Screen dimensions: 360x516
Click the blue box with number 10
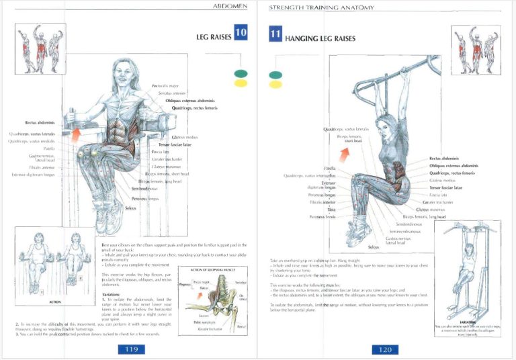(x=241, y=32)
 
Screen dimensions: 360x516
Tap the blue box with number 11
(x=275, y=35)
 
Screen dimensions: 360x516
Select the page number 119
(x=128, y=349)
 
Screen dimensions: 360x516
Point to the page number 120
(x=386, y=349)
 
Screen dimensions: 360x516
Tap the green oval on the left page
(x=241, y=73)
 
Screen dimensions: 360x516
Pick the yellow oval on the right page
(x=275, y=85)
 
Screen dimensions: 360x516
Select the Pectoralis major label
(x=166, y=86)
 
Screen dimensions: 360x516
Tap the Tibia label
(x=331, y=210)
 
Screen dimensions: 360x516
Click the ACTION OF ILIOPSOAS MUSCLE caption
(x=208, y=270)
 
